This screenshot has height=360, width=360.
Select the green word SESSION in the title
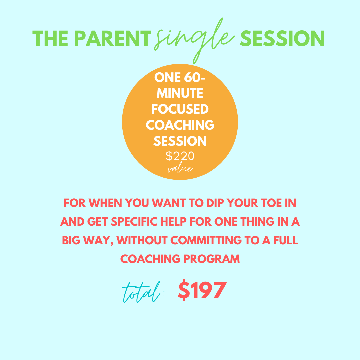click(x=282, y=39)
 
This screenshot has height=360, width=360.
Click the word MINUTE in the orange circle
click(x=180, y=93)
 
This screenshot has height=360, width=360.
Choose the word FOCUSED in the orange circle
click(x=180, y=109)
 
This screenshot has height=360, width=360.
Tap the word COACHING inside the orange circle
click(x=180, y=125)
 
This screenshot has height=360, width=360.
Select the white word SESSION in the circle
click(x=180, y=141)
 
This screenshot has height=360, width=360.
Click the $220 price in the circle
click(x=180, y=156)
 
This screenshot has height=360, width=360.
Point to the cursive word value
click(x=180, y=169)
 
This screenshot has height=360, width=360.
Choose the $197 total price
click(x=202, y=290)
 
